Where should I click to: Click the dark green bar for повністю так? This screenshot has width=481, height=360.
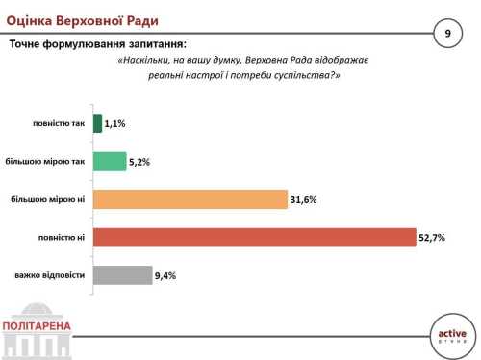click(x=97, y=123)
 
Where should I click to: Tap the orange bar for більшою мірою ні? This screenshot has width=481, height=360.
click(x=190, y=200)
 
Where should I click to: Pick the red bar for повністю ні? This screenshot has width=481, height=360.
click(x=254, y=238)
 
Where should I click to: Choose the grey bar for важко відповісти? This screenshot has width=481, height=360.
click(x=122, y=276)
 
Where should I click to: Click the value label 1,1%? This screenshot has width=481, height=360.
click(x=116, y=124)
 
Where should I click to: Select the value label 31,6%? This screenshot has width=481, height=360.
click(x=303, y=200)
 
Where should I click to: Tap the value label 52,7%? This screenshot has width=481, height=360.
click(x=433, y=238)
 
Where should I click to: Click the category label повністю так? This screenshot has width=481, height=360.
click(x=57, y=123)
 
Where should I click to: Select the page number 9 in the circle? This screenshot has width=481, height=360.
click(x=447, y=34)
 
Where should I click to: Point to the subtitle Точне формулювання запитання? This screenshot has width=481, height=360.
click(x=98, y=44)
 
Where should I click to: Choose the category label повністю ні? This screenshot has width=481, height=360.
click(x=62, y=238)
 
